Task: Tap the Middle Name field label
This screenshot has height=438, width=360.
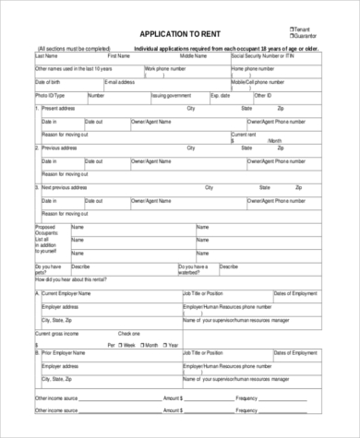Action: [193, 55]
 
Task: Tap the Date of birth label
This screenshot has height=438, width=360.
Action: [50, 81]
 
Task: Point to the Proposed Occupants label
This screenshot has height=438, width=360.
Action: [45, 229]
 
